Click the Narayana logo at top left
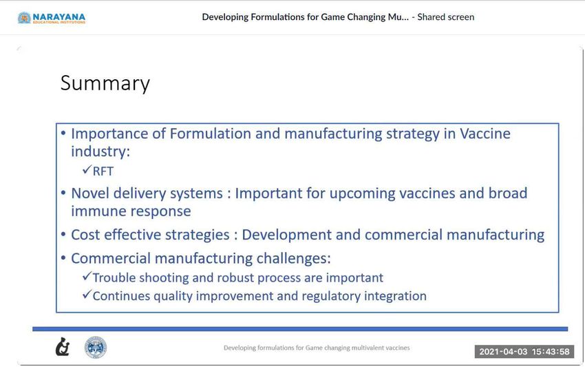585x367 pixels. point(52,17)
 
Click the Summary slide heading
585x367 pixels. point(105,83)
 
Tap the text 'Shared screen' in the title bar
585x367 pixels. point(445,17)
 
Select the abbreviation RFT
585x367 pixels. point(103,171)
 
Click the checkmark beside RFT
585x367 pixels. point(87,170)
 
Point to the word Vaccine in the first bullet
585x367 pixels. point(485,134)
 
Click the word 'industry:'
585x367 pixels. point(100,151)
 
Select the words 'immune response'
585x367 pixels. point(131,211)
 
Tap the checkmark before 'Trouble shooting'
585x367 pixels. point(87,277)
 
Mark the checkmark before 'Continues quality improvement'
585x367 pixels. point(87,295)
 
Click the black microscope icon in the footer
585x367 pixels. point(63,347)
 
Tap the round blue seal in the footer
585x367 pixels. point(96,347)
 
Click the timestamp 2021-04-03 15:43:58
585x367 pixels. point(524,352)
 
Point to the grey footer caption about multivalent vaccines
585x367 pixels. point(317,348)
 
